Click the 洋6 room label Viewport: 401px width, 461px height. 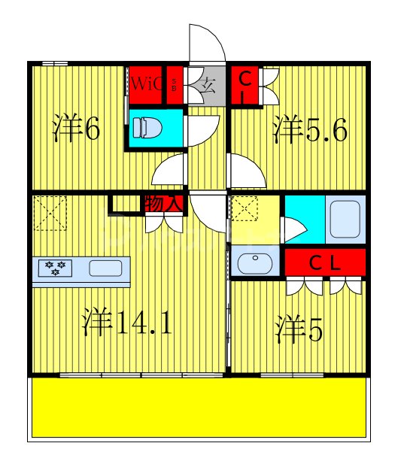(76, 129)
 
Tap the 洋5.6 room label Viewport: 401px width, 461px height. (309, 129)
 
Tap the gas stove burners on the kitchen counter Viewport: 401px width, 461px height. (54, 268)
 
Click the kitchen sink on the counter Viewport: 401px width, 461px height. (105, 268)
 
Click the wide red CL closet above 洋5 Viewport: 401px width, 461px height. (325, 262)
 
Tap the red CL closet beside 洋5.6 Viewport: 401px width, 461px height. (244, 85)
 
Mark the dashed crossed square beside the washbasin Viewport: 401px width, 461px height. (245, 209)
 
